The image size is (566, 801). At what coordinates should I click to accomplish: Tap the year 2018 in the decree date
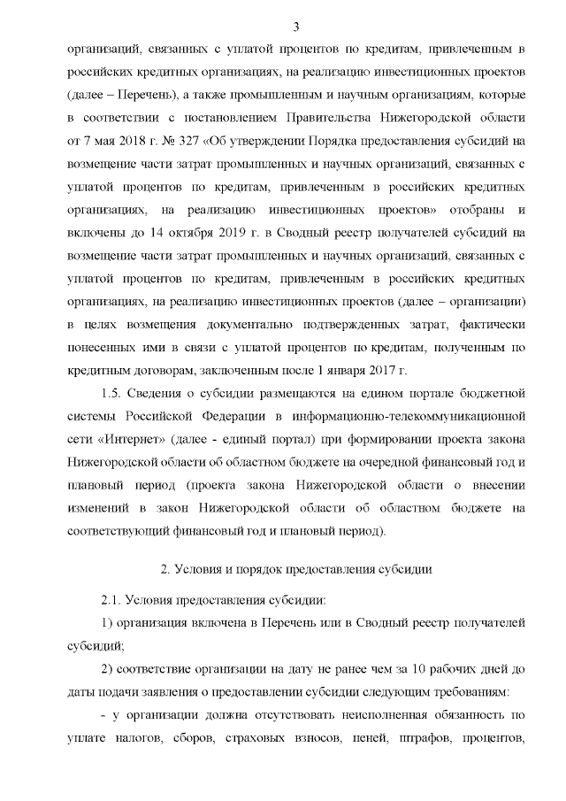point(126,140)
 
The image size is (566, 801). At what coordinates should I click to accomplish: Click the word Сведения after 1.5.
point(164,393)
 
